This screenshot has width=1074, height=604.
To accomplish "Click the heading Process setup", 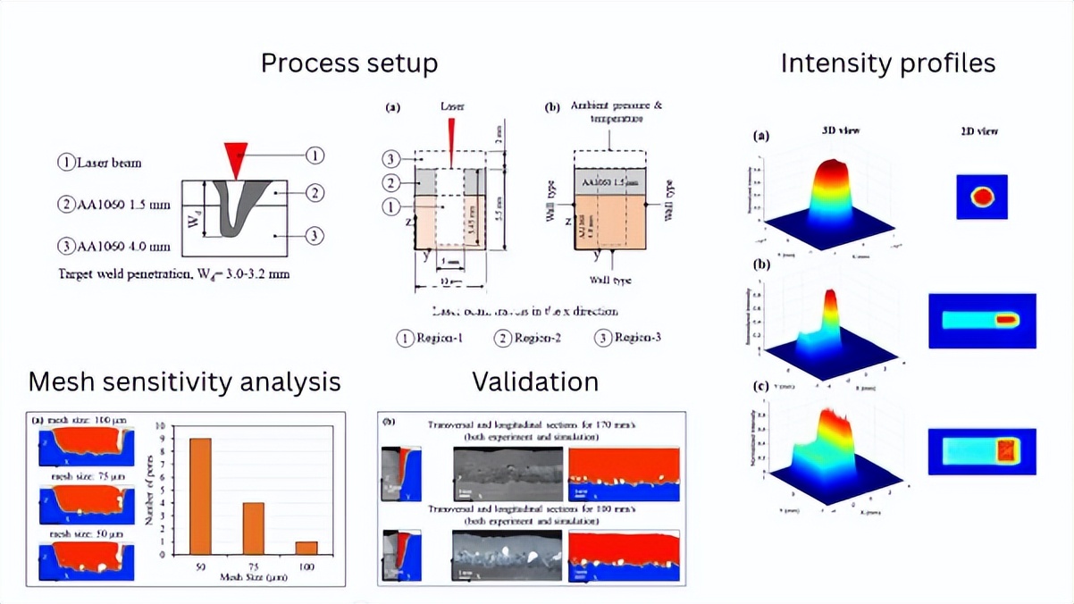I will pyautogui.click(x=348, y=64).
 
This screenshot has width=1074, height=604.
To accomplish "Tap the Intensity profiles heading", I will pyautogui.click(x=887, y=63).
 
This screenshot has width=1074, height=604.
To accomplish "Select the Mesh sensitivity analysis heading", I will pyautogui.click(x=184, y=382).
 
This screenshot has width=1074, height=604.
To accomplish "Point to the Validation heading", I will pyautogui.click(x=535, y=382).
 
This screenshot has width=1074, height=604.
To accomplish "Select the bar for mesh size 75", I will pyautogui.click(x=253, y=534).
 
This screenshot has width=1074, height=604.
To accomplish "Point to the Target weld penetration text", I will pyautogui.click(x=172, y=273).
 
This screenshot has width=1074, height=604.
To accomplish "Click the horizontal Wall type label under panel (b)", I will pyautogui.click(x=609, y=281).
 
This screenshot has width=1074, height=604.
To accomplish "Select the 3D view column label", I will pyautogui.click(x=842, y=131).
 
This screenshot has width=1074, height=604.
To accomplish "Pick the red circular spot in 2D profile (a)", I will pyautogui.click(x=982, y=197).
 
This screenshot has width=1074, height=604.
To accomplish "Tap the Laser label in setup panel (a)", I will pyautogui.click(x=452, y=106).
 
